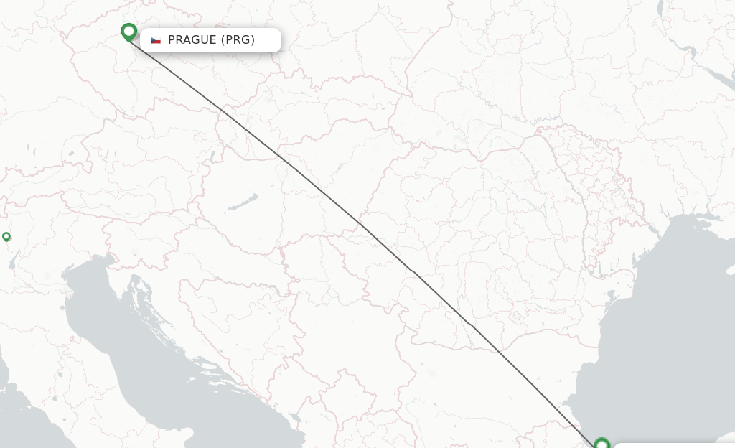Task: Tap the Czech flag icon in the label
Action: (156, 40)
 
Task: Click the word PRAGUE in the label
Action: (191, 40)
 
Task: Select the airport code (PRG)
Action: (237, 40)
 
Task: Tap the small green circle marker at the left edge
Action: (6, 236)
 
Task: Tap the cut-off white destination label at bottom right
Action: (675, 446)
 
